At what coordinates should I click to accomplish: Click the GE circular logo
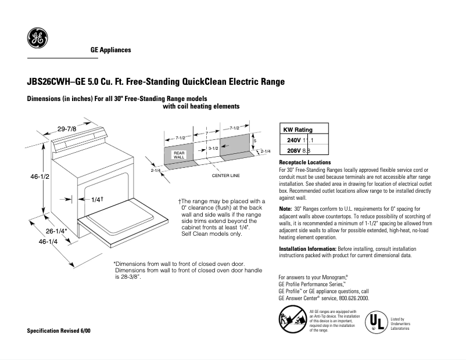(x=38, y=39)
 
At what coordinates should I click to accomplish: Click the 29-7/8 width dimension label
(x=67, y=128)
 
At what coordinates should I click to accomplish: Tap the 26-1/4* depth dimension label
(x=57, y=231)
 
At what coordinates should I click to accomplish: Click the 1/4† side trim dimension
(x=97, y=199)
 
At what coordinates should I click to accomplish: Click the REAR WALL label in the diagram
(x=179, y=155)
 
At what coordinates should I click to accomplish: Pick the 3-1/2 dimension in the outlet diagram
(x=213, y=149)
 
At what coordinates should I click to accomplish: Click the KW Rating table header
(x=297, y=130)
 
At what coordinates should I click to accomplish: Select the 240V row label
(x=294, y=141)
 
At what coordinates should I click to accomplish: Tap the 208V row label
(x=294, y=150)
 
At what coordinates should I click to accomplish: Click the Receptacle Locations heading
(x=305, y=163)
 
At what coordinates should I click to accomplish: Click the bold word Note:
(x=285, y=208)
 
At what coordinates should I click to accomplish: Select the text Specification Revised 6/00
(x=59, y=330)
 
